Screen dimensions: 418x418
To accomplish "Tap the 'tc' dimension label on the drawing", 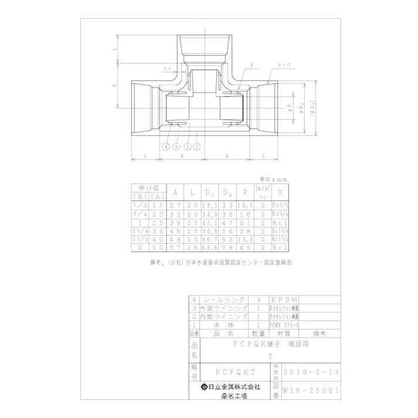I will pos(168,68).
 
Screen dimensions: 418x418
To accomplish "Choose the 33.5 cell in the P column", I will pos(245,239).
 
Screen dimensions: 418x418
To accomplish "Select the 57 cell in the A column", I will pos(174,248).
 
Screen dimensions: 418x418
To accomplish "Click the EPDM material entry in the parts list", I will pos(286,299).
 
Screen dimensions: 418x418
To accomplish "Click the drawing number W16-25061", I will pos(311,389).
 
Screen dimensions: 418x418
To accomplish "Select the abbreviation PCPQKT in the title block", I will pos(235,372).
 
